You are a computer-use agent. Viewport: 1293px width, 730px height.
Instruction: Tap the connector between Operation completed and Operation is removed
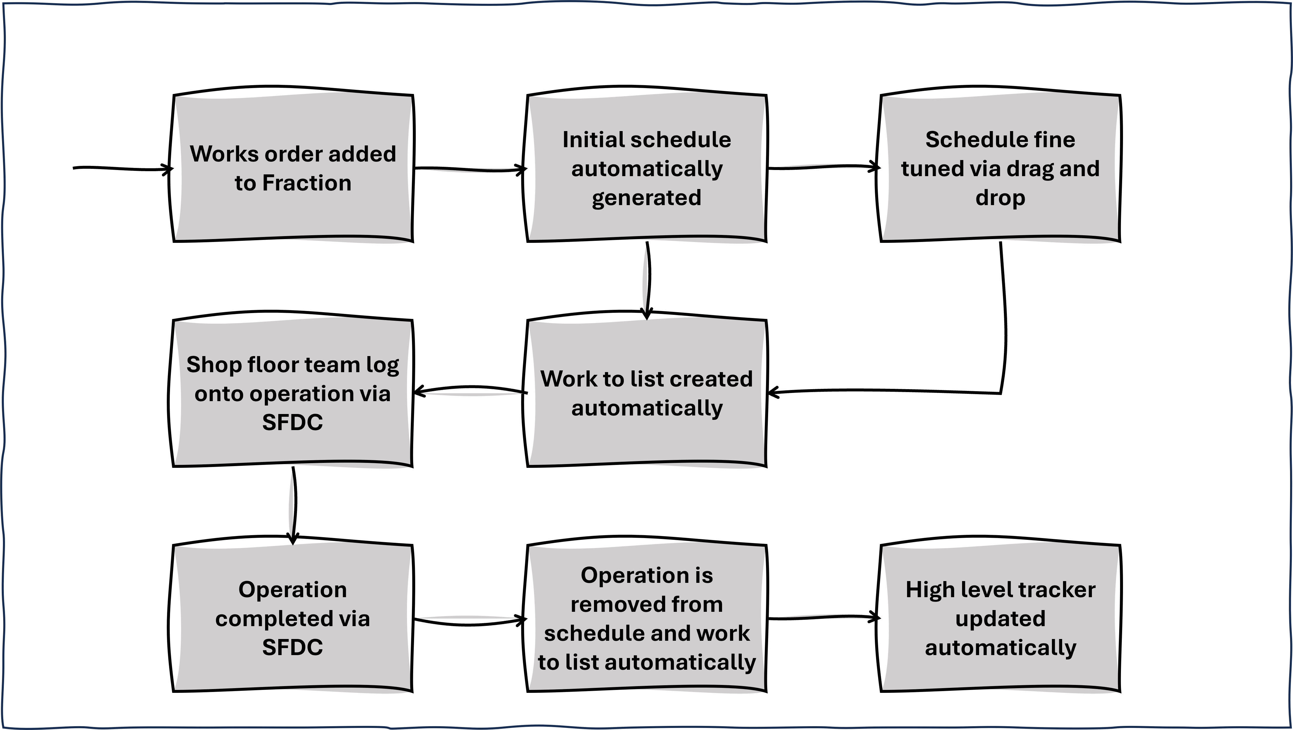[468, 618]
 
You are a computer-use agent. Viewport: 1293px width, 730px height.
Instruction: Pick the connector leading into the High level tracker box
[823, 616]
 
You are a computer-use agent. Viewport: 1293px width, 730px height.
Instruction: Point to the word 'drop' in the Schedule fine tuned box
[1000, 198]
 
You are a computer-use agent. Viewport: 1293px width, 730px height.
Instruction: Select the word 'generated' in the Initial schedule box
[647, 198]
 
